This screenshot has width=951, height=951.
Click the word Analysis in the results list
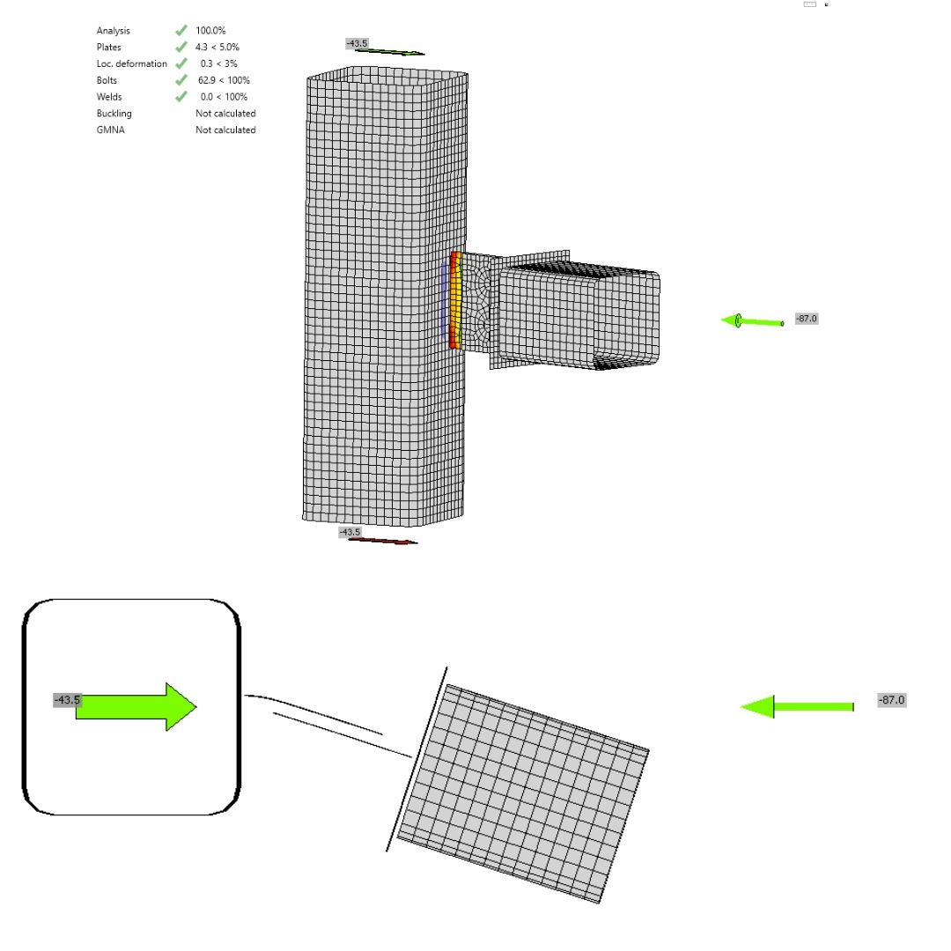click(x=113, y=31)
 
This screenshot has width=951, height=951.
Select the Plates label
click(x=109, y=48)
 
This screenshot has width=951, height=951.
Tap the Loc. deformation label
click(x=131, y=63)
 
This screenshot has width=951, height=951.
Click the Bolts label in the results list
click(x=107, y=80)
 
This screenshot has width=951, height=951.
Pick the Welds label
click(x=109, y=97)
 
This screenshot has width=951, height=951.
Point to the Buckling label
click(x=114, y=114)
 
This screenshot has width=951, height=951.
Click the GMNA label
click(x=110, y=130)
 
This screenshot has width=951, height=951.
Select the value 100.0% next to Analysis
click(x=210, y=31)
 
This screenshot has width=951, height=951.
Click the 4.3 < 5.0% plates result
click(x=217, y=48)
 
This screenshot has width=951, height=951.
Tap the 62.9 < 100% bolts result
click(x=224, y=80)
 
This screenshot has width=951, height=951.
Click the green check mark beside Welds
click(x=181, y=97)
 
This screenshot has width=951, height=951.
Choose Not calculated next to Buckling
click(x=225, y=114)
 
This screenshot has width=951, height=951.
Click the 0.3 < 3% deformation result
click(x=218, y=63)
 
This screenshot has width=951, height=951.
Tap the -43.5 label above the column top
click(x=357, y=43)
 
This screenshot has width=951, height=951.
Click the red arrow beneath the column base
click(x=384, y=541)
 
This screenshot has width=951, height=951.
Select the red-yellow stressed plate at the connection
click(x=455, y=299)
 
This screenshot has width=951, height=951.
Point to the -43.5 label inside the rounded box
click(x=67, y=700)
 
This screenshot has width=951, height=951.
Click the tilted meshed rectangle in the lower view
click(x=524, y=792)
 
